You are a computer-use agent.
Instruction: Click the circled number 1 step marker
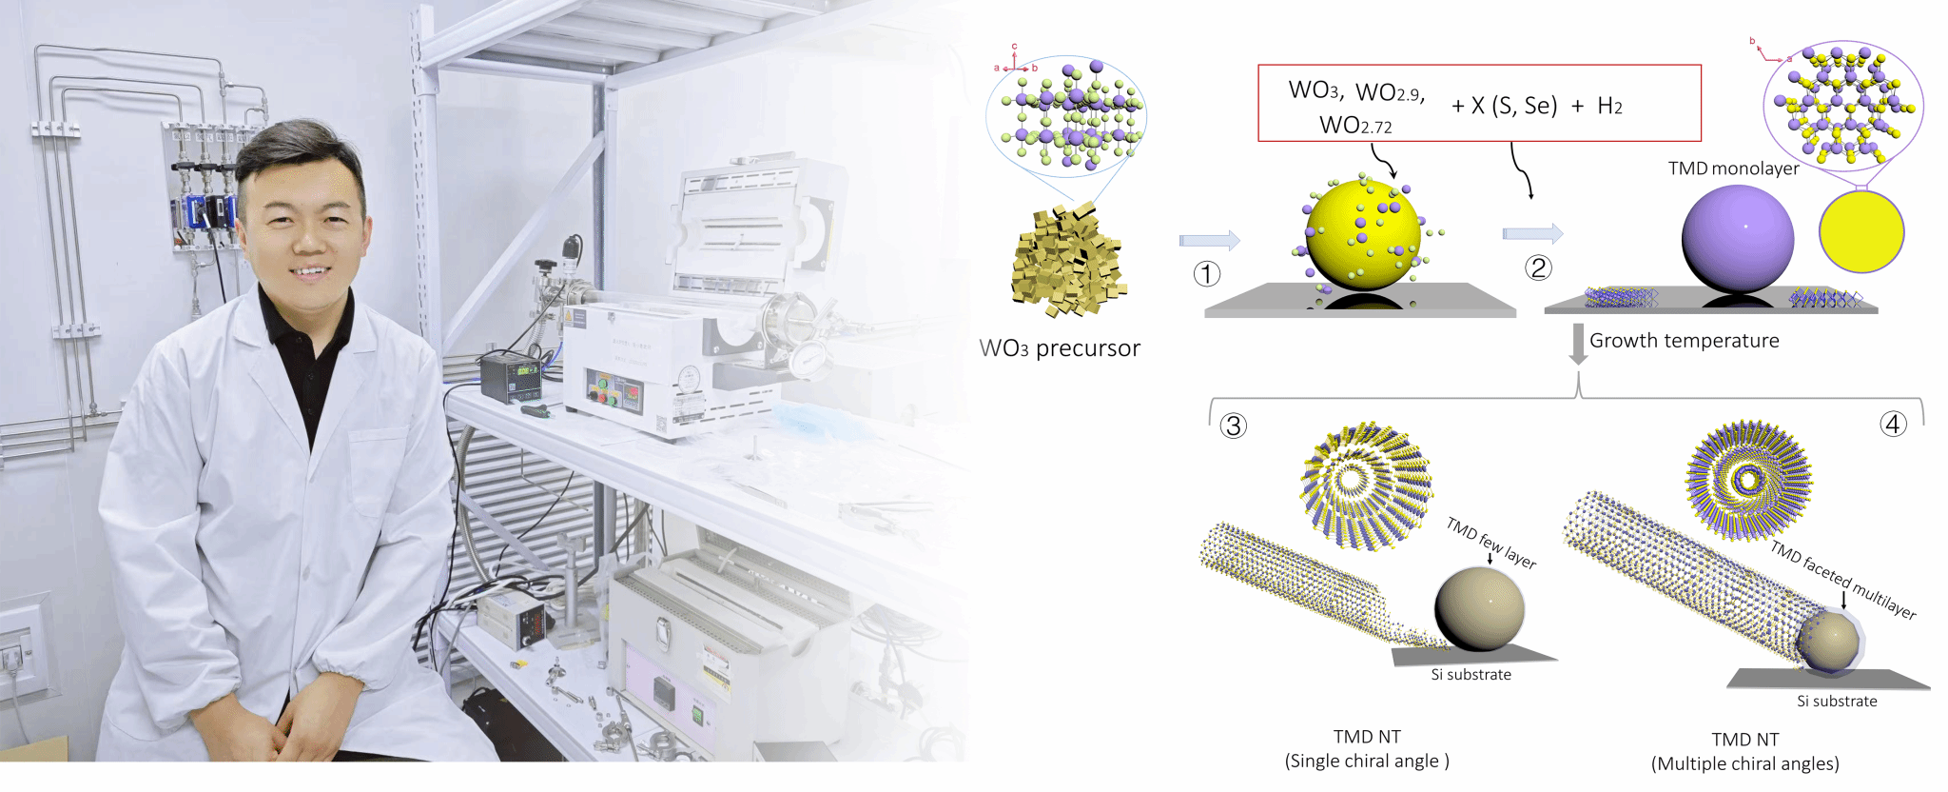[x=1207, y=274]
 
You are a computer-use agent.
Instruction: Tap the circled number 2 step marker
[x=1538, y=267]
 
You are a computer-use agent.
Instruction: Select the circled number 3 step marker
[x=1234, y=426]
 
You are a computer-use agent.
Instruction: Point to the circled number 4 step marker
[x=1894, y=424]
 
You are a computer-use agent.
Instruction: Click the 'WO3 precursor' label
[x=1060, y=348]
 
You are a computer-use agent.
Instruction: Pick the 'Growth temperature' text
[x=1685, y=341]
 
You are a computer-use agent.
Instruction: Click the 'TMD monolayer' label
[x=1733, y=168]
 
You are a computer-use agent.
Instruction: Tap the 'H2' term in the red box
[x=1610, y=106]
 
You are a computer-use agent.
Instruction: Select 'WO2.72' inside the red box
[x=1355, y=126]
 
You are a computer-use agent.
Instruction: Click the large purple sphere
[x=1738, y=238]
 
